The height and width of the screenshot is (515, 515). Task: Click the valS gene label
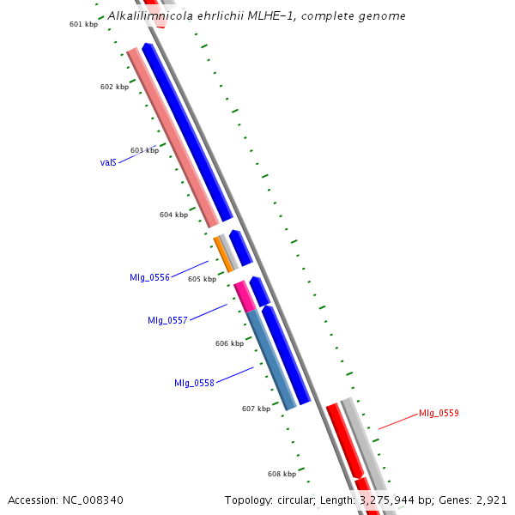[x=108, y=162]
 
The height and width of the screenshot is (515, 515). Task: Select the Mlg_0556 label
[x=149, y=277]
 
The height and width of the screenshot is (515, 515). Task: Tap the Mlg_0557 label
[x=167, y=320]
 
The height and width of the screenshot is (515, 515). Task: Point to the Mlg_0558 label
[x=194, y=383]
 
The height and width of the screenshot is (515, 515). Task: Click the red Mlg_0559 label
[x=439, y=413]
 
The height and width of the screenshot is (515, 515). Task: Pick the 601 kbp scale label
[x=83, y=24]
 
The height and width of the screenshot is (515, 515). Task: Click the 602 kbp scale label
[x=114, y=87]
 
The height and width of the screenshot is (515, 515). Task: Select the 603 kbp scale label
[x=144, y=150]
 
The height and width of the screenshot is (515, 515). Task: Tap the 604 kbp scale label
[x=173, y=215]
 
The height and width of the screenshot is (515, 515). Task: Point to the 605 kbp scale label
[x=202, y=279]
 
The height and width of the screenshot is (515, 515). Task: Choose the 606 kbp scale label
[x=229, y=343]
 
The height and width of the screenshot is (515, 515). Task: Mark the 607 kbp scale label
[x=256, y=409]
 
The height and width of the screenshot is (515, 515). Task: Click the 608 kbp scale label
[x=282, y=474]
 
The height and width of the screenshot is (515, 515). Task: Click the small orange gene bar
[x=223, y=255]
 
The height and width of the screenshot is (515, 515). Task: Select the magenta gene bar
[x=245, y=296]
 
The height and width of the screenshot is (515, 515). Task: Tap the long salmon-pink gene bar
[x=173, y=138]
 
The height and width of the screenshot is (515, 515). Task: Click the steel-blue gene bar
[x=271, y=360]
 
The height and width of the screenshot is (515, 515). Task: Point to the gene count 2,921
[x=490, y=500]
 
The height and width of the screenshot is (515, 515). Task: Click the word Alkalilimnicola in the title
[x=143, y=15]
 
